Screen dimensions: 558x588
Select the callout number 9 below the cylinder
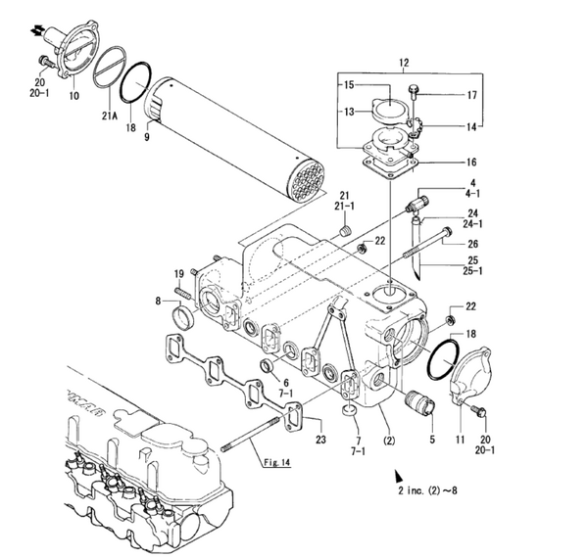(147, 138)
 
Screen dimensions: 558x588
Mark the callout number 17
(472, 95)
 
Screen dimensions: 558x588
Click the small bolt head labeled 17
(416, 95)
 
